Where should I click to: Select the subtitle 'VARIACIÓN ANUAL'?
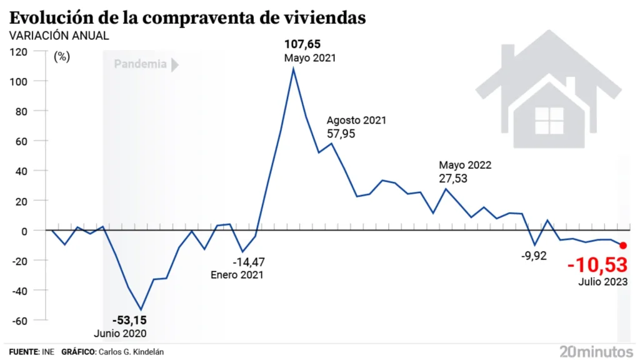(59, 36)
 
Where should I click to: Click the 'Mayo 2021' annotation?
(310, 57)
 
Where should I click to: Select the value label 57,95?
(341, 133)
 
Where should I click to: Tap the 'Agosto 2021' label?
(357, 120)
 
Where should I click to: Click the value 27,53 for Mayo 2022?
(453, 178)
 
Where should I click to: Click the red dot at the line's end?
(623, 246)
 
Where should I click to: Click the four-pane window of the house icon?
(549, 119)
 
